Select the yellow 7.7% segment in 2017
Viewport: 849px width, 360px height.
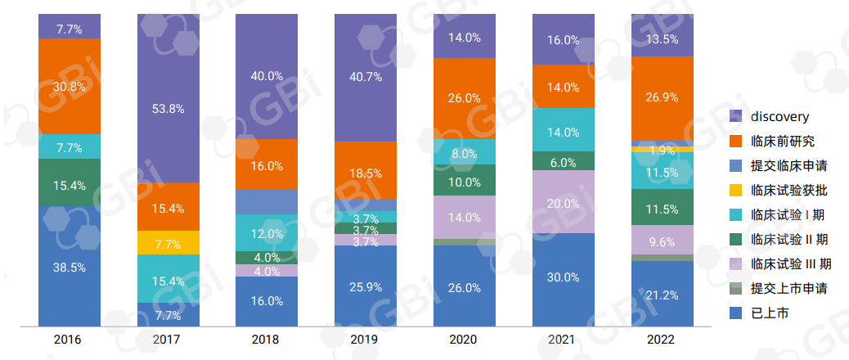pos(168,243)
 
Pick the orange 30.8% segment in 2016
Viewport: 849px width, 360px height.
pos(70,86)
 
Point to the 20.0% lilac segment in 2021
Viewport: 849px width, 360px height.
pos(564,202)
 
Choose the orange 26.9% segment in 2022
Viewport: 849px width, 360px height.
pos(662,98)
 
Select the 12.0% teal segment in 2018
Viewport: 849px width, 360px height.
pos(267,233)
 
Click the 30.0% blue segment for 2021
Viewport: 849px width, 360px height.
pos(564,277)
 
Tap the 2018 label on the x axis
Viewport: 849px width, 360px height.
pos(267,339)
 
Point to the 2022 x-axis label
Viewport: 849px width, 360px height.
pos(662,339)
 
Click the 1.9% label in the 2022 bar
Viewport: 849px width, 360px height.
pos(662,151)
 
